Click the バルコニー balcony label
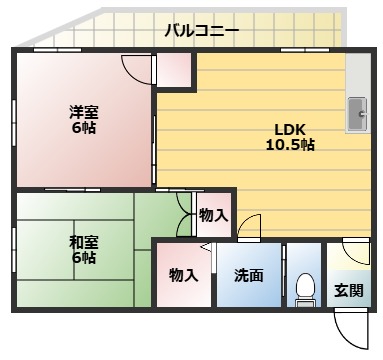pyautogui.click(x=202, y=31)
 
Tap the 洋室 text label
pyautogui.click(x=83, y=111)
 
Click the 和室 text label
pyautogui.click(x=83, y=241)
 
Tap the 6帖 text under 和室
pyautogui.click(x=83, y=258)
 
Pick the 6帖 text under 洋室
pyautogui.click(x=83, y=128)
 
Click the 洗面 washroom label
pyautogui.click(x=248, y=275)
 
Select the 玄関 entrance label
pyautogui.click(x=348, y=291)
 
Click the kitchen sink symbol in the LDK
pyautogui.click(x=357, y=115)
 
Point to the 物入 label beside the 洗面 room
pyautogui.click(x=182, y=275)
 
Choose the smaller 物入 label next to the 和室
pyautogui.click(x=213, y=214)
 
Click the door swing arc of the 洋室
pyautogui.click(x=138, y=68)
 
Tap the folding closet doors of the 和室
pyautogui.click(x=188, y=213)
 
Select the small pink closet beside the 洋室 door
pyautogui.click(x=174, y=70)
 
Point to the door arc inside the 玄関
pyautogui.click(x=353, y=253)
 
